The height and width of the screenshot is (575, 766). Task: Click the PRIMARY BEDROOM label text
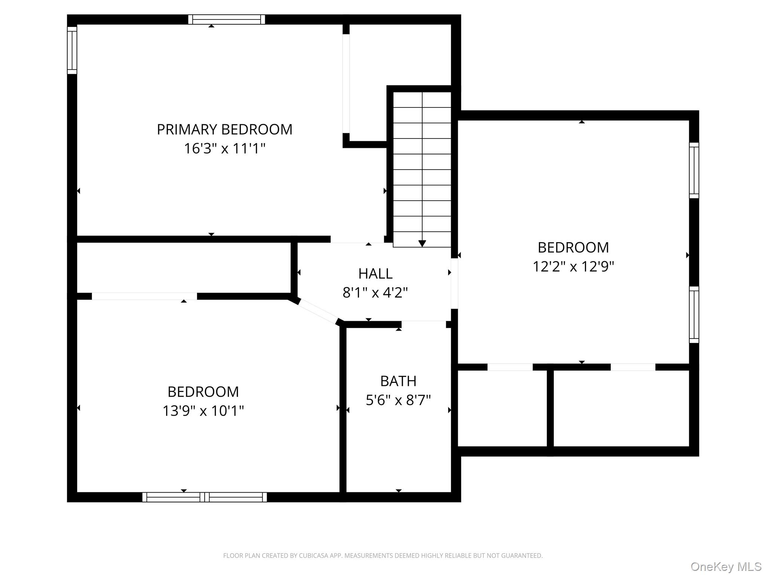click(224, 130)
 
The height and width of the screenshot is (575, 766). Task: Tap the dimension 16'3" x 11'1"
click(224, 149)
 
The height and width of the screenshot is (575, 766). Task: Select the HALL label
click(375, 274)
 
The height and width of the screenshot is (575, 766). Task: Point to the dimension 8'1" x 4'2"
click(375, 292)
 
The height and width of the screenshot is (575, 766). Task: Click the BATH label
click(398, 381)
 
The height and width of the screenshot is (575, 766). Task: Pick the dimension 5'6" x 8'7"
click(398, 400)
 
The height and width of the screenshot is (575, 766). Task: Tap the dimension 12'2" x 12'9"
click(573, 267)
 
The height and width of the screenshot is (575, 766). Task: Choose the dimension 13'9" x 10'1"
click(203, 411)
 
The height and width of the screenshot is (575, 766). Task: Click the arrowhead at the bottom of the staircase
click(422, 244)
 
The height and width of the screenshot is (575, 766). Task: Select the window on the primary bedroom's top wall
click(227, 19)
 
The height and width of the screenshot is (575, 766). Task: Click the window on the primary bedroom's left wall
click(72, 50)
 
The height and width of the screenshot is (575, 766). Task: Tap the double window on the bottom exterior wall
click(205, 497)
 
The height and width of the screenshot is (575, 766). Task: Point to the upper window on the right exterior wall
click(694, 170)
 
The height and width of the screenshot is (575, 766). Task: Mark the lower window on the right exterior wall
click(694, 315)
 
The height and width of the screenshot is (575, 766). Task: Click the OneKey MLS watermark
click(726, 566)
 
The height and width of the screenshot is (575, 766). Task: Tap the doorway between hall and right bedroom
click(454, 283)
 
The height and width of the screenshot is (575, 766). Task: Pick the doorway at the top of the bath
click(424, 324)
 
